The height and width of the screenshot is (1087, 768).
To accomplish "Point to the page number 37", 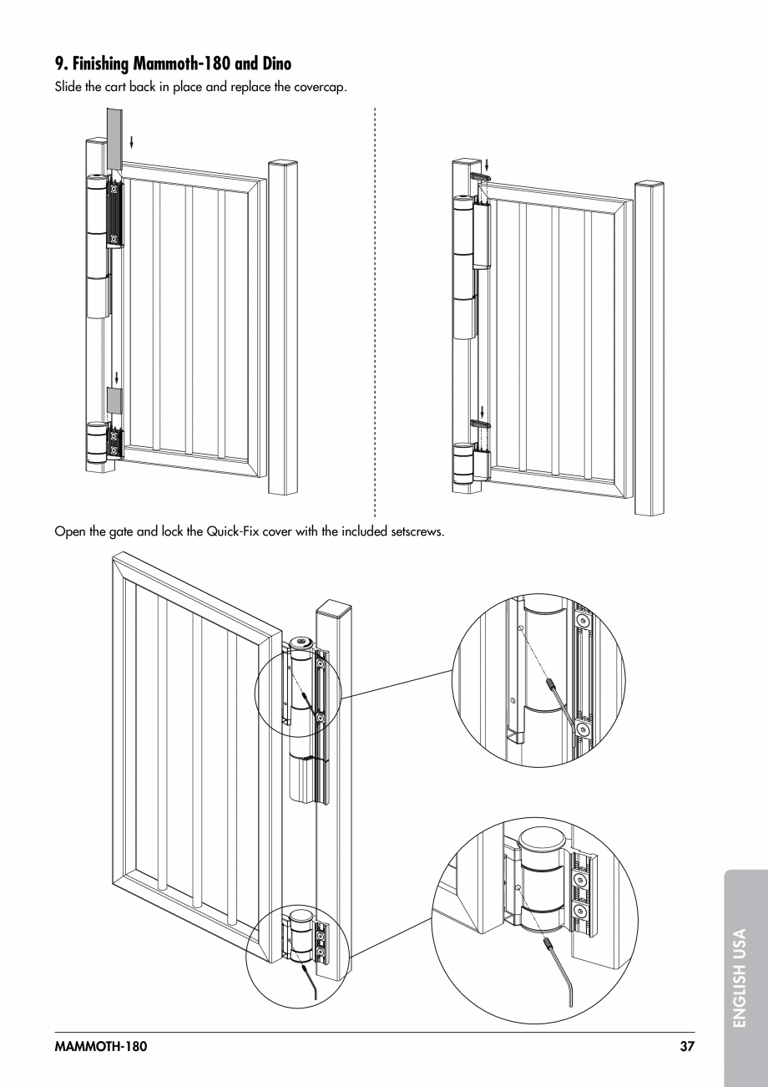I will [686, 1046].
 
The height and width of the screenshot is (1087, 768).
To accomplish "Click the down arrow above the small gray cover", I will [116, 377].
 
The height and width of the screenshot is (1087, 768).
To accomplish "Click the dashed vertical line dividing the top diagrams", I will [376, 309].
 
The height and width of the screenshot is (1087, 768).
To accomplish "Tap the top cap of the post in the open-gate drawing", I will [335, 608].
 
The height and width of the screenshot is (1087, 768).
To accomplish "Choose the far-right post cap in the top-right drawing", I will [649, 185].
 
